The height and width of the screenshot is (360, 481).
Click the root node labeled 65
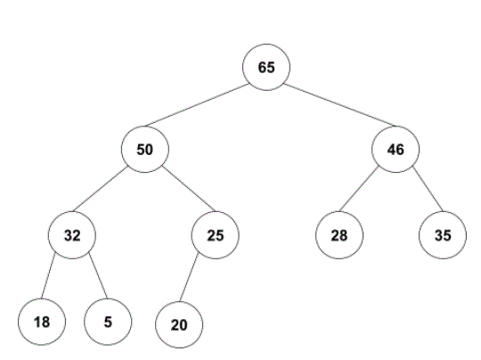(x=266, y=67)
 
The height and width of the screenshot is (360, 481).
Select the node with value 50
(x=145, y=150)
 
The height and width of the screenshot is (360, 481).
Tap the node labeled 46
(x=395, y=150)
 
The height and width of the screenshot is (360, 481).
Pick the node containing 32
(x=72, y=235)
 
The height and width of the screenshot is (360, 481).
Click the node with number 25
(x=216, y=235)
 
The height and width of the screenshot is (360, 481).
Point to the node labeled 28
(x=339, y=235)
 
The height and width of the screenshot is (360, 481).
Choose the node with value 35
(x=443, y=235)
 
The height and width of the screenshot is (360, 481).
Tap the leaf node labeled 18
(x=42, y=322)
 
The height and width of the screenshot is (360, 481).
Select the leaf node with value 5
(x=108, y=322)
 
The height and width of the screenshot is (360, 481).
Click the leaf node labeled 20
(x=179, y=324)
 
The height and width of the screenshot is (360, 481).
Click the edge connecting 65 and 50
(x=197, y=105)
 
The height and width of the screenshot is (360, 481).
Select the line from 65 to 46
(x=339, y=105)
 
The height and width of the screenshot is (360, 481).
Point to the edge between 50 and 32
(x=100, y=189)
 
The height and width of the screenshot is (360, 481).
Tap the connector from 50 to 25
(x=189, y=189)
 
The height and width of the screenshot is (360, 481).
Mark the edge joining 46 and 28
(x=359, y=189)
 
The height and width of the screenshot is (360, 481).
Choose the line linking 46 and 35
(x=428, y=189)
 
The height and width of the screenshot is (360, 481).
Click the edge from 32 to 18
(x=48, y=275)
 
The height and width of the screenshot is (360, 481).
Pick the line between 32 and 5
(x=98, y=275)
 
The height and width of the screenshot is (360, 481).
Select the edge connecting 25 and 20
(x=189, y=278)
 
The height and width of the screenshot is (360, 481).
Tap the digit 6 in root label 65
(x=262, y=67)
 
